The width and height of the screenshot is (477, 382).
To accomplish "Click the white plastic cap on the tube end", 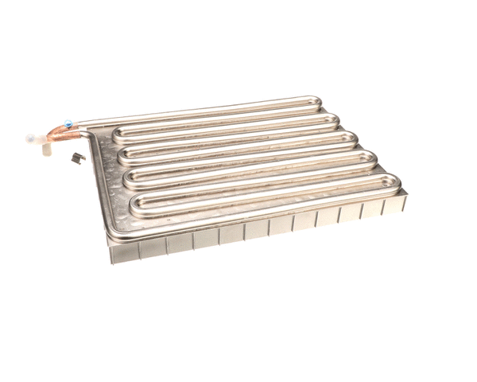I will (x=33, y=138).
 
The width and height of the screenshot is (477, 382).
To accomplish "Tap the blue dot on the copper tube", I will (x=69, y=123).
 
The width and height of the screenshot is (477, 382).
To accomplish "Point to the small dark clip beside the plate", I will (x=77, y=158).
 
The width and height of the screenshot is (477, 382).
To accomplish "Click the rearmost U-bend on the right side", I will (x=317, y=104).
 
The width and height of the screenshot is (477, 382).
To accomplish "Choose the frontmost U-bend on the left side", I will (x=135, y=205).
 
